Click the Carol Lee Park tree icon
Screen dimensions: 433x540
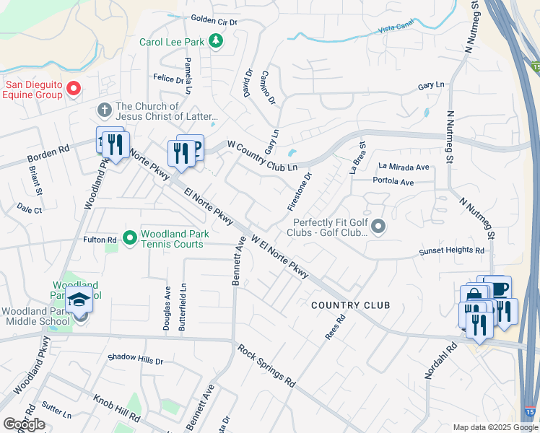215,41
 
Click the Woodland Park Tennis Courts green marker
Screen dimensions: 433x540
130,237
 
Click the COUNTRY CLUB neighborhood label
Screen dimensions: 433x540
350,305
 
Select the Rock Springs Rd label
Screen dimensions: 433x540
266,367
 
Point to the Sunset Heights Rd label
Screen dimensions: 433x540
452,251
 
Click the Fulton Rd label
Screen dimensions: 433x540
100,240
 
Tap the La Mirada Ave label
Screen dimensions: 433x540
404,167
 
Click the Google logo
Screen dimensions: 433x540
24,424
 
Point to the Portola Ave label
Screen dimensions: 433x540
393,183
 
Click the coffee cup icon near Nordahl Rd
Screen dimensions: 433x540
497,289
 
